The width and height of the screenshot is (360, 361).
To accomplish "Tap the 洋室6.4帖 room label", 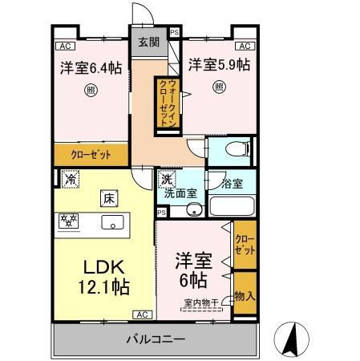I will pyautogui.click(x=90, y=68).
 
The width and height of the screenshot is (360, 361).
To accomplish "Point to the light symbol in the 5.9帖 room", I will pyautogui.click(x=218, y=86).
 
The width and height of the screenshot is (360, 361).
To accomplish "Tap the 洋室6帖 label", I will pyautogui.click(x=192, y=270).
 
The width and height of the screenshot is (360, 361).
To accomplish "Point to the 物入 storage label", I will pyautogui.click(x=244, y=296).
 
